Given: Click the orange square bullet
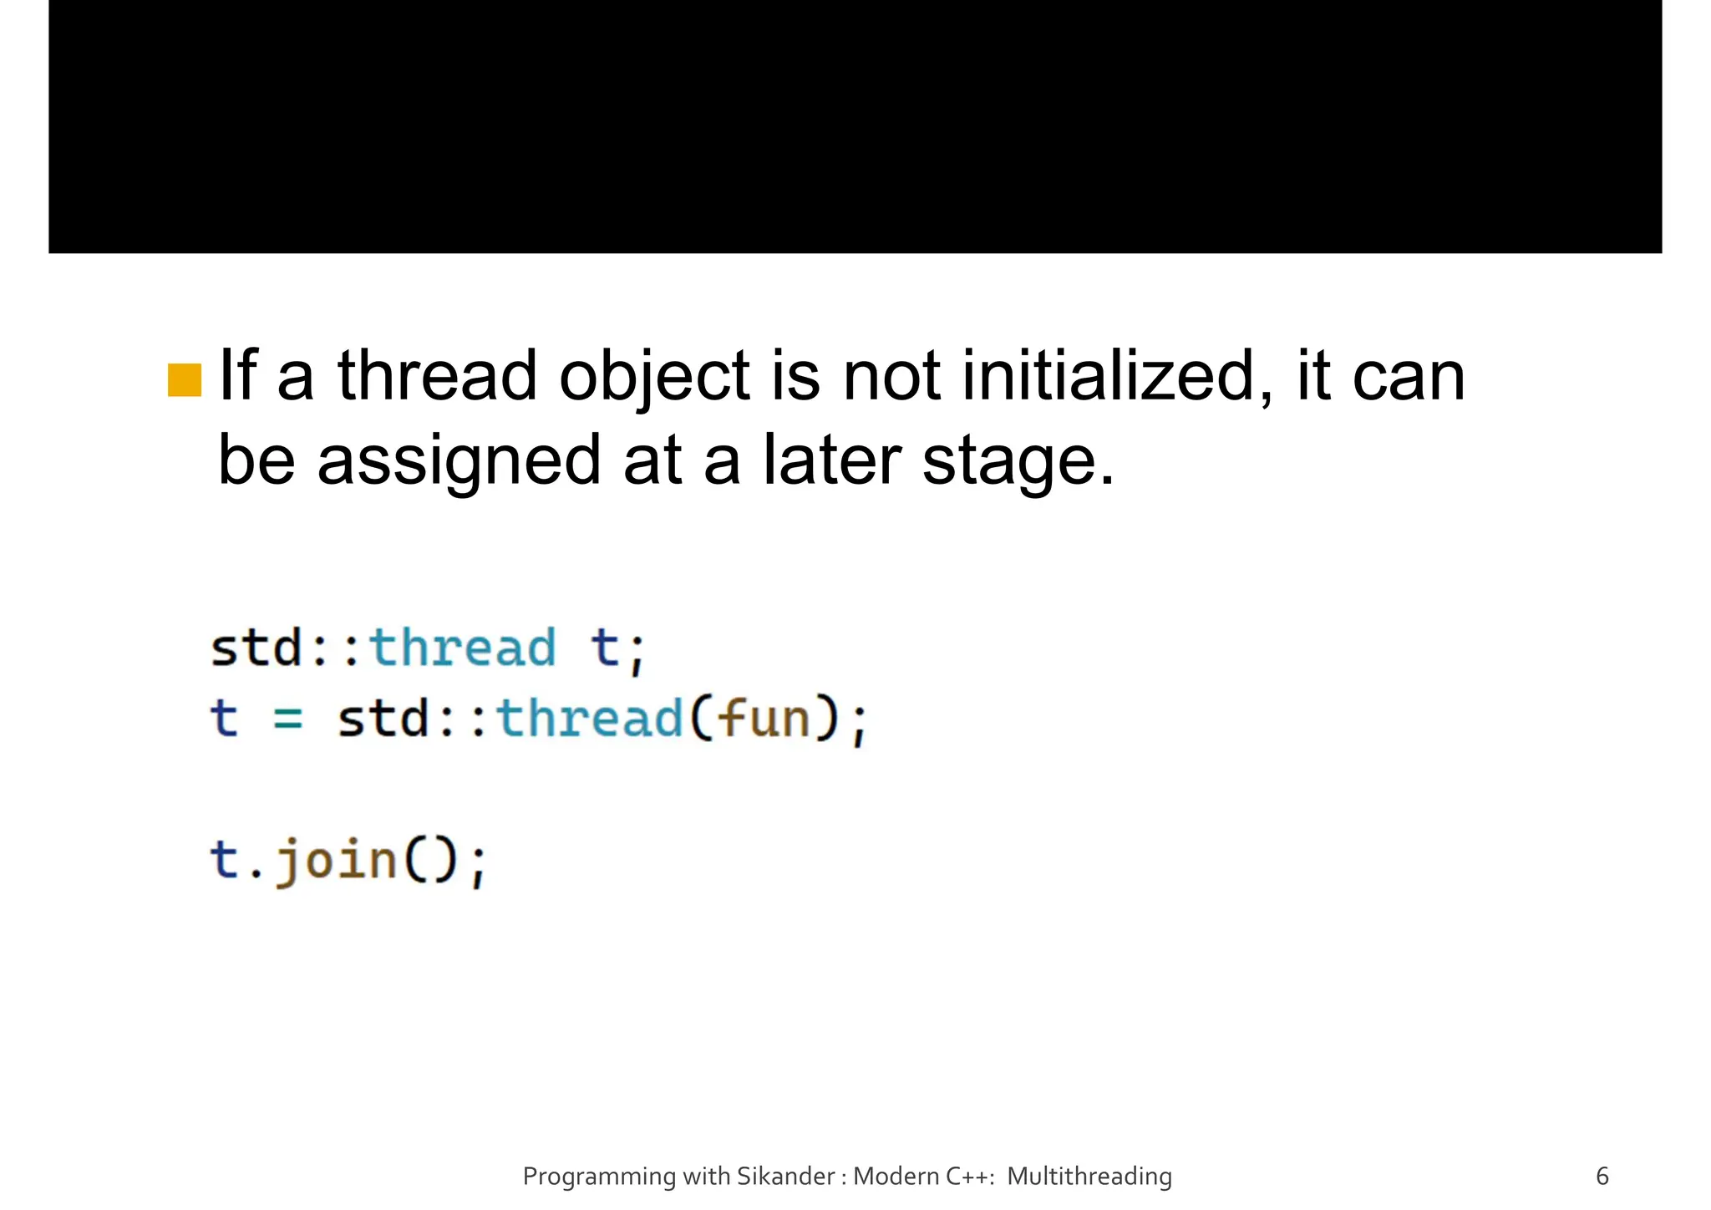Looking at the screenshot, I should click(184, 380).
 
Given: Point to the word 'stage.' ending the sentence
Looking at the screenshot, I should click(1018, 461).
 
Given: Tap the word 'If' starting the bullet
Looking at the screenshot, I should click(236, 376).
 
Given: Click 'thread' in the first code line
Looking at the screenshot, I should click(462, 648).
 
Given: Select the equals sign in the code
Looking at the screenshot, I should click(288, 719).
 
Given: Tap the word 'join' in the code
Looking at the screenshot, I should click(337, 861).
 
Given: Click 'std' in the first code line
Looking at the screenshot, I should click(256, 648).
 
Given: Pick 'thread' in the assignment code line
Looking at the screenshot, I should click(590, 719).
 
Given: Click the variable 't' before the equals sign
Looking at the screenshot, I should click(224, 719).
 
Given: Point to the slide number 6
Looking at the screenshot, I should click(1602, 1177).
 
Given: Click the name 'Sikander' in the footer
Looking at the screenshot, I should click(785, 1177).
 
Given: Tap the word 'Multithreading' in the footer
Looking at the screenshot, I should click(1089, 1177).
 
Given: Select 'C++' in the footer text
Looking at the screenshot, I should click(969, 1177).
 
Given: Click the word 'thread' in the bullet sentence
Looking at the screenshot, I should click(437, 376).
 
